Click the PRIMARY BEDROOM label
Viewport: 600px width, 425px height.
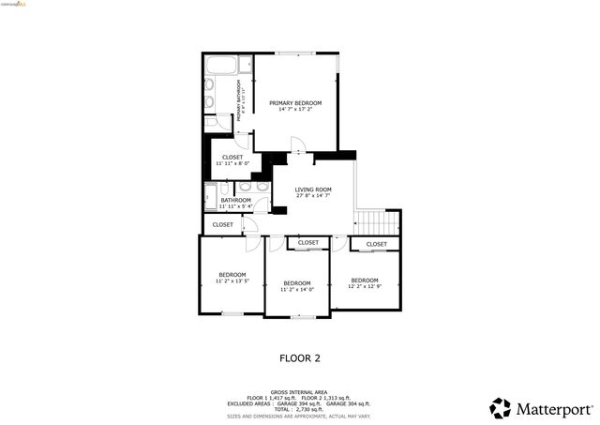click(295, 102)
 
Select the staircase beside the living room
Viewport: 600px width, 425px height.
click(377, 223)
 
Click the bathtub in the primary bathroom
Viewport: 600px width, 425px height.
click(221, 67)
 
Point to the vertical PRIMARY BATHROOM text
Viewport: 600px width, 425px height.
click(239, 103)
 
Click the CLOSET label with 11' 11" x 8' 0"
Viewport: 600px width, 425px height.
click(232, 157)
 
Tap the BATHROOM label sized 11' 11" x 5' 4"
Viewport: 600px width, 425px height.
click(235, 200)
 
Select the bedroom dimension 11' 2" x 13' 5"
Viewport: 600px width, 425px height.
click(232, 281)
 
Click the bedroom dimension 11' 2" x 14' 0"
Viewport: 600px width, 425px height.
click(297, 289)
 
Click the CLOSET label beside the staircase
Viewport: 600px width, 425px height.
click(376, 244)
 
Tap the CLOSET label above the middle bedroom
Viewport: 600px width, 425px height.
click(308, 243)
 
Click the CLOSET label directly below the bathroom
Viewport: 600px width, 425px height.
click(223, 225)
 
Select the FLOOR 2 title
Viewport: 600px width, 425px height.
click(300, 357)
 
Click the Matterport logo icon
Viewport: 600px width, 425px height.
click(501, 408)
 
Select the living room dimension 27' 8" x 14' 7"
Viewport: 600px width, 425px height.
click(313, 196)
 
